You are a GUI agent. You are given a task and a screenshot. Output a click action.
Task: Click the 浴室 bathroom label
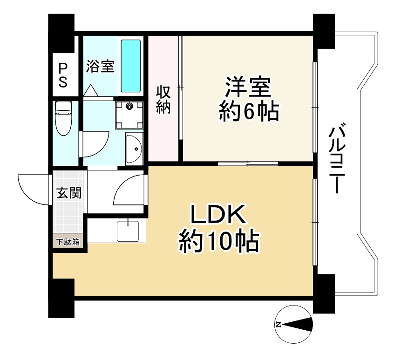(x=100, y=66)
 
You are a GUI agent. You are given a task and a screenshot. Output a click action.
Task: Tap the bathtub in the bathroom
(x=131, y=66)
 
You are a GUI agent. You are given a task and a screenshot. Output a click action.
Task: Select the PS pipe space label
(x=63, y=75)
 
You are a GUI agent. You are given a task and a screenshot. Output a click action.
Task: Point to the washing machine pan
(x=129, y=115)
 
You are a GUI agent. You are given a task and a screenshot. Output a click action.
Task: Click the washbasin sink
(x=134, y=149)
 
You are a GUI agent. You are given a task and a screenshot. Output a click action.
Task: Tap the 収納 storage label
(x=163, y=100)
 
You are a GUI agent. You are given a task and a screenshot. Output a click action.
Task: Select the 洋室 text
(x=248, y=87)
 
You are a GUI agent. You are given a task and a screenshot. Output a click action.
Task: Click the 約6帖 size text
(x=249, y=112)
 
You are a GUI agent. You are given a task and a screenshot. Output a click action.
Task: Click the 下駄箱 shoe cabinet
(x=68, y=242)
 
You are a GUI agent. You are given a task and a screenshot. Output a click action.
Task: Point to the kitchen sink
(x=128, y=231)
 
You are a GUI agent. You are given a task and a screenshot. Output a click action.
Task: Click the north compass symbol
(x=294, y=324)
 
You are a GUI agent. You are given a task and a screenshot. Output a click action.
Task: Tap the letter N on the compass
(x=278, y=324)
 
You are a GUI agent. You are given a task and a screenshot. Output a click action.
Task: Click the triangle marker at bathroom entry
(x=91, y=90)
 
